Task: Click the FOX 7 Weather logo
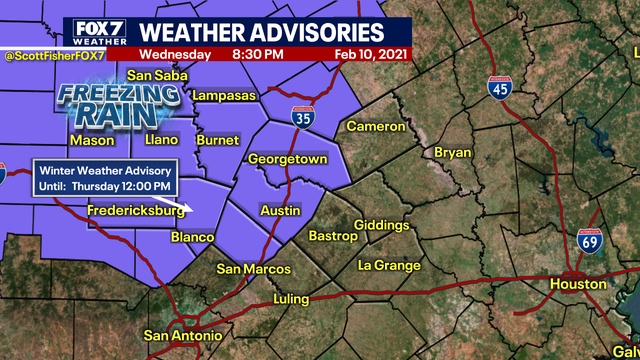(96, 31)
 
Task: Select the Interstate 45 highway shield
(501, 88)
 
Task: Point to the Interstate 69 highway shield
(591, 241)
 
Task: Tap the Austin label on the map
(279, 211)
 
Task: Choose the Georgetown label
(288, 159)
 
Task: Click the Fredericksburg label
(136, 212)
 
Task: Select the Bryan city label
(452, 152)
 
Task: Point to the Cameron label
(376, 127)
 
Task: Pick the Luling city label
(296, 299)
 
